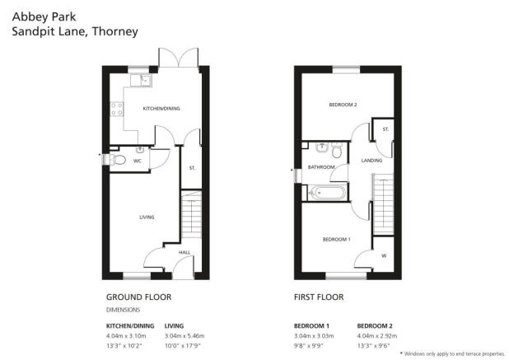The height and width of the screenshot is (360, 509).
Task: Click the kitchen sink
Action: (x=141, y=80)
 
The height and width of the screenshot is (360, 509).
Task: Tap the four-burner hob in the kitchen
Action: (x=117, y=109)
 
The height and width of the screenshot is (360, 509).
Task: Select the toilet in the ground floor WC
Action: (x=118, y=160)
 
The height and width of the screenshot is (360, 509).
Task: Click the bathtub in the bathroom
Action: (x=325, y=193)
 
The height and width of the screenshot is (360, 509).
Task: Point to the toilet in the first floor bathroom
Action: (x=337, y=150)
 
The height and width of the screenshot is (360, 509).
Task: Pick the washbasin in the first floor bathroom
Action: (x=321, y=147)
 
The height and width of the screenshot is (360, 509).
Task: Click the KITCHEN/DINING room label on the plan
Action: (x=161, y=109)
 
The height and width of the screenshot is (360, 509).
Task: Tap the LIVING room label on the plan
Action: (x=147, y=217)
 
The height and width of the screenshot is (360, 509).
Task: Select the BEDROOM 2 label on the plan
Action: (x=343, y=105)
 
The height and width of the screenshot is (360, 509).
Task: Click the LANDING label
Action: (x=371, y=161)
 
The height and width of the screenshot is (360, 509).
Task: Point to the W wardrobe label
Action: (x=384, y=255)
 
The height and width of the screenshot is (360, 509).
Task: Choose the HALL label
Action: (x=184, y=252)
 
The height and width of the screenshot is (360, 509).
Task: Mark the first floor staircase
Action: (x=383, y=203)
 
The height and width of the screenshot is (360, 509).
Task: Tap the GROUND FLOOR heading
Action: (x=139, y=297)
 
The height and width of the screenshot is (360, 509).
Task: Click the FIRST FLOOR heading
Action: (x=319, y=297)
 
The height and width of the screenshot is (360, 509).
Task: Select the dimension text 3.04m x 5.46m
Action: (x=184, y=335)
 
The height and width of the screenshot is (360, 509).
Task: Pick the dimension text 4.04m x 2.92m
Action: (x=377, y=335)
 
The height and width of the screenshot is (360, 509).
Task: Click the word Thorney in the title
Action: (x=115, y=32)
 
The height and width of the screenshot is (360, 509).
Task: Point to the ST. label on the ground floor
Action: (x=192, y=168)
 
